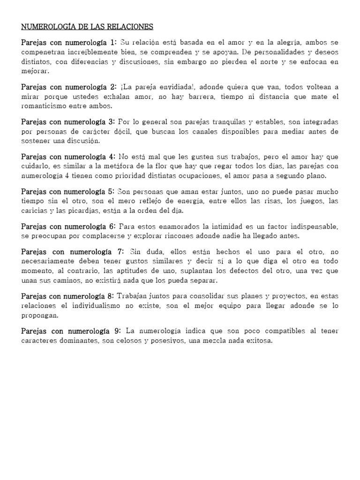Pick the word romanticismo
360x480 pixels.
(45, 106)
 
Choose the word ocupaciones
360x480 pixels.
(205, 176)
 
